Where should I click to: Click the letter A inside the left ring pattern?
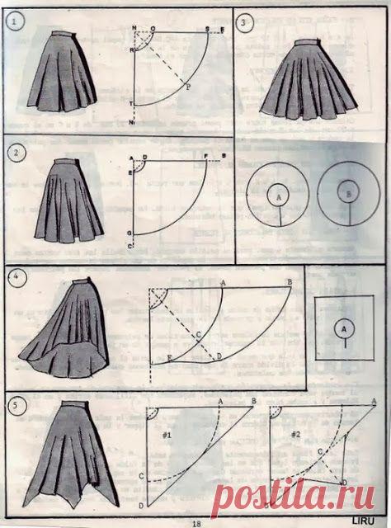(x=278, y=199)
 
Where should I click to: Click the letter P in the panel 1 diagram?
(x=188, y=86)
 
